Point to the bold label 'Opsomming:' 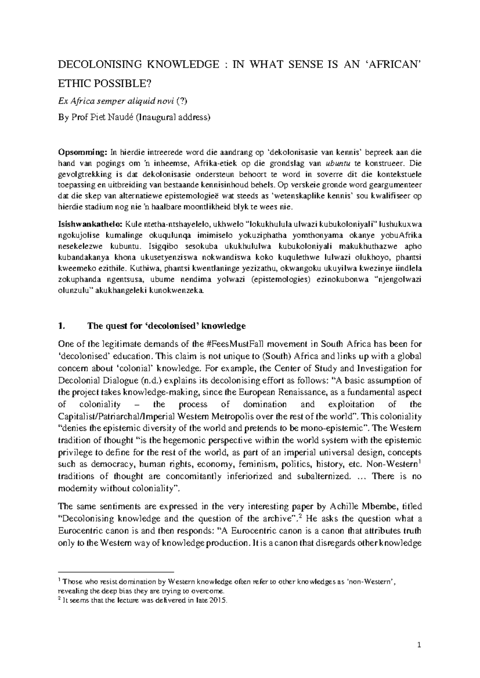click(83, 152)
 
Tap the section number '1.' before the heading click(61, 326)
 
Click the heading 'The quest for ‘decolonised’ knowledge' click(166, 326)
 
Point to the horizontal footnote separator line click(116, 572)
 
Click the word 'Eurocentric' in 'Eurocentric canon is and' click(82, 531)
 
